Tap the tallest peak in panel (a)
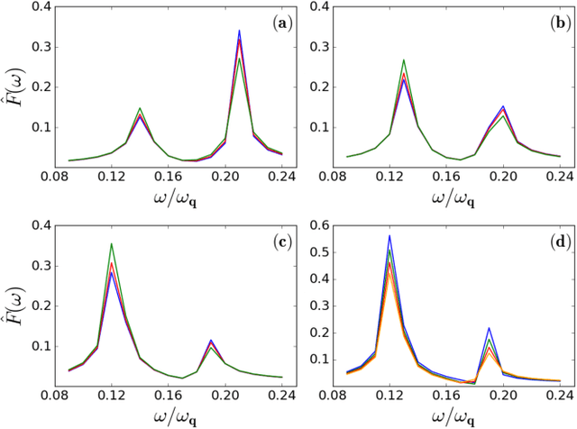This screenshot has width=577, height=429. (239, 32)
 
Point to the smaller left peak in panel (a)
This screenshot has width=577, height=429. (140, 109)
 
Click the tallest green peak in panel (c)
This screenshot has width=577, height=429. (111, 219)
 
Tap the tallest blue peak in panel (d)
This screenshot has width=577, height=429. (389, 236)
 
